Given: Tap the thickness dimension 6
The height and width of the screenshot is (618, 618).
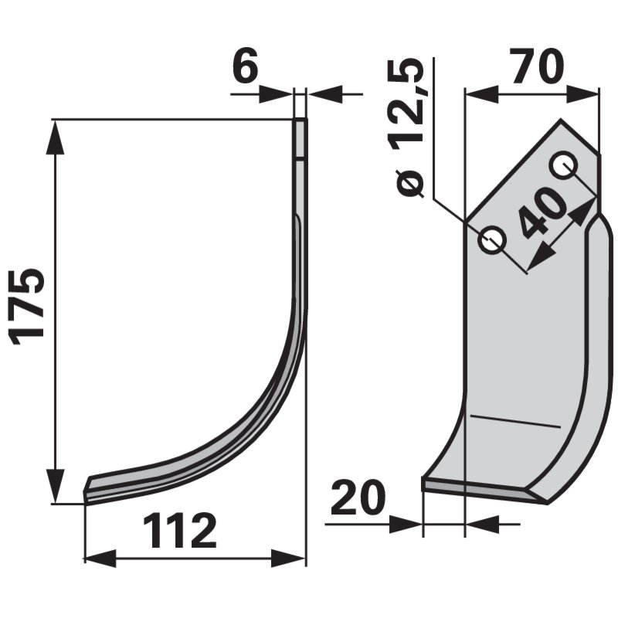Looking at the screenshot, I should point(246,70).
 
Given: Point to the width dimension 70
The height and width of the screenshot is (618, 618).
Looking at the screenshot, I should point(536,68).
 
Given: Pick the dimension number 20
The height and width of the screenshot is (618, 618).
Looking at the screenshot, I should point(358,500).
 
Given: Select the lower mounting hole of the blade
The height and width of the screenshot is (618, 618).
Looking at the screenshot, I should point(493,241).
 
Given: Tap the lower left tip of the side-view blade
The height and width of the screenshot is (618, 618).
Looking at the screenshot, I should point(87,494).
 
